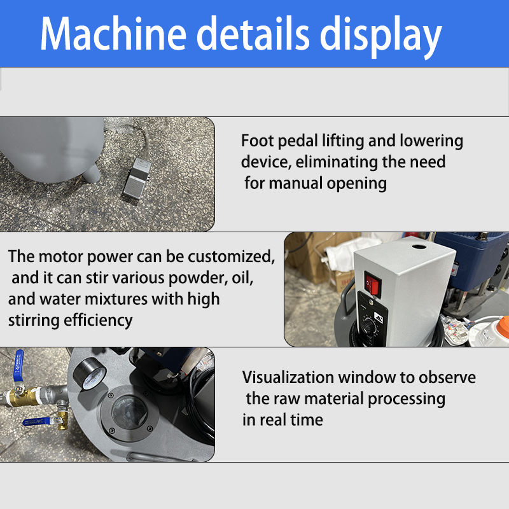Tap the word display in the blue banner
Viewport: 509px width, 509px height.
(380, 35)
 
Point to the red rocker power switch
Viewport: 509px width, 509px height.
(372, 282)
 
